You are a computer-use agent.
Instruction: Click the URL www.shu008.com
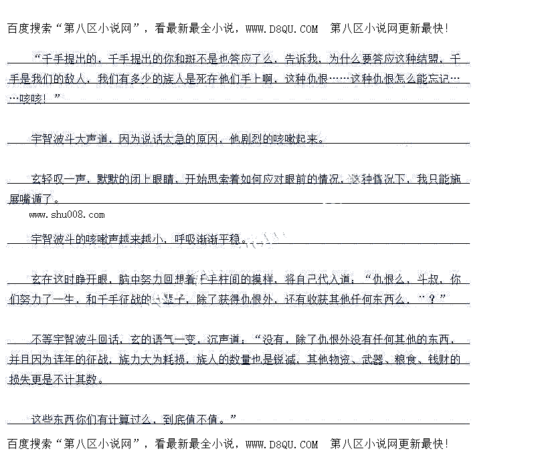67,214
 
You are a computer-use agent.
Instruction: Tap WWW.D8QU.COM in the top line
282,29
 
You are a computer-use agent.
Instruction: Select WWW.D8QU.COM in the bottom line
282,444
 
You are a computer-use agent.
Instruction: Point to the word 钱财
449,359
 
